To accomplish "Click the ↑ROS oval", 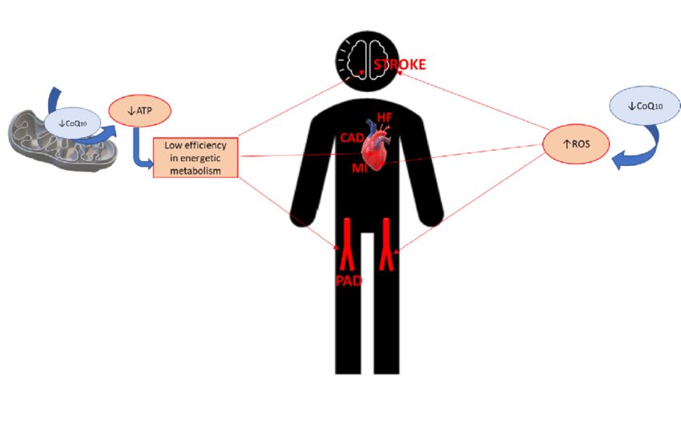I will (576, 143).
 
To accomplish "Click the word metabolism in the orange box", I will (195, 169).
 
